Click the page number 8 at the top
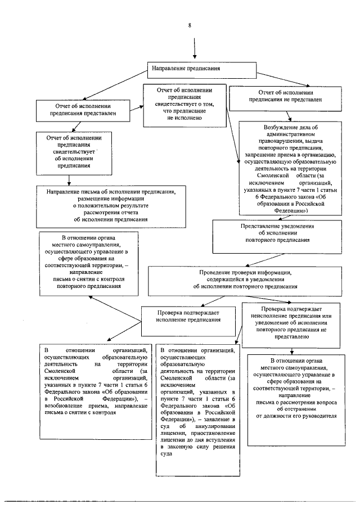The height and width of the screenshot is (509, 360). [x=190, y=26]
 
